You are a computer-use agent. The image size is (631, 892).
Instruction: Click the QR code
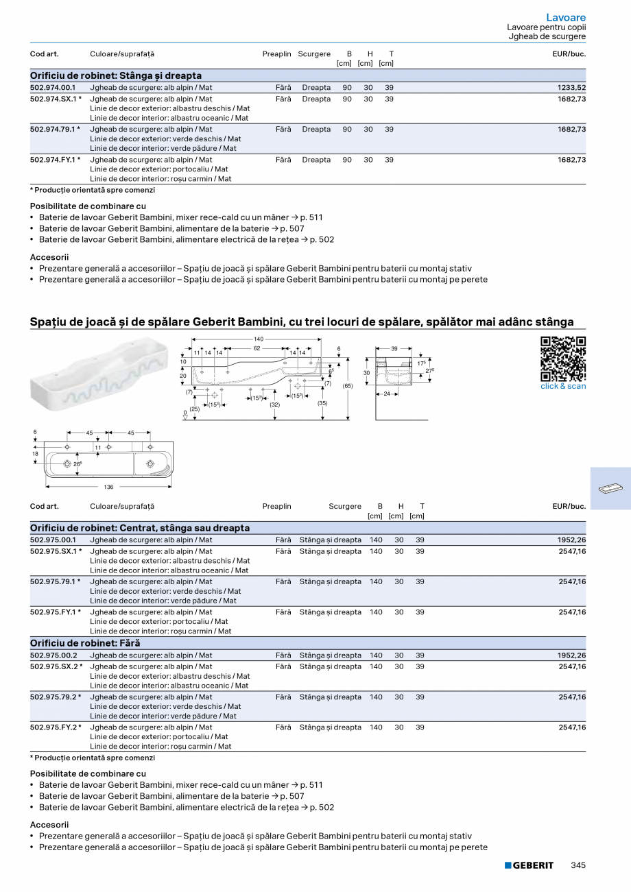click(563, 359)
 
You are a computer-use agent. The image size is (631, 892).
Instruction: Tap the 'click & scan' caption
click(563, 386)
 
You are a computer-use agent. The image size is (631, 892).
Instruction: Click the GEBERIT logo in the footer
click(529, 865)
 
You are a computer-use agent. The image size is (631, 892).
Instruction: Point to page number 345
click(578, 865)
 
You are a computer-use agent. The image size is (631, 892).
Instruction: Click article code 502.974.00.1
click(53, 88)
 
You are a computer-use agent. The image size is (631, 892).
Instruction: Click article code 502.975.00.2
click(53, 655)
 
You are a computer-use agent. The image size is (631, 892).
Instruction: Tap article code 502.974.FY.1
click(55, 160)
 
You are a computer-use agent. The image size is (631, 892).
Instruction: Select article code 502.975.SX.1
click(56, 551)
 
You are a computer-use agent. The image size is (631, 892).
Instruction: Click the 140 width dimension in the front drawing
click(259, 339)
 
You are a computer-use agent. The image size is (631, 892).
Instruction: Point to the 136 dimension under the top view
click(108, 487)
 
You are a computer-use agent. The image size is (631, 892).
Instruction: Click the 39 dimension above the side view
click(394, 349)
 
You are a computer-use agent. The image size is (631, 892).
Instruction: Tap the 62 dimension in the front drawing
click(257, 349)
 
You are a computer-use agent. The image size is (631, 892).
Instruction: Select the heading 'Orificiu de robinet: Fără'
click(85, 643)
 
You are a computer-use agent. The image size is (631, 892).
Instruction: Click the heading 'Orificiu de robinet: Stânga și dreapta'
click(116, 75)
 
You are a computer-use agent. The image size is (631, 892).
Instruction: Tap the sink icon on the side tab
click(610, 488)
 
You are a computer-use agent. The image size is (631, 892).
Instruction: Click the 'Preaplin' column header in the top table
click(276, 54)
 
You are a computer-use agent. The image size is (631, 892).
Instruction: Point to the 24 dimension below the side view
click(387, 394)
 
